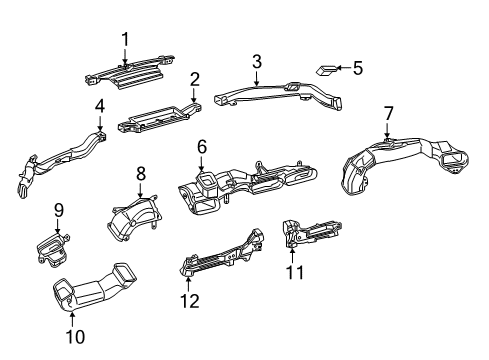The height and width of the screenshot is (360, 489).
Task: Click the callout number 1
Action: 125,39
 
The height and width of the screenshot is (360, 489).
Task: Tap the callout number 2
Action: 195,79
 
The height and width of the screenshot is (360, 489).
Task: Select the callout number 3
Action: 256,62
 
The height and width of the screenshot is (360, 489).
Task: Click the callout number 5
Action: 358,68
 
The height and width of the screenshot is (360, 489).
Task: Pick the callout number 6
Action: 202,147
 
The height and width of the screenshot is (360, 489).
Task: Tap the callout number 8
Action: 140,173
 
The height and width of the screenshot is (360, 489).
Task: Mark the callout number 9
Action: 59,210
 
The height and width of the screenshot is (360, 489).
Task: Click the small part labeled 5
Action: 327,70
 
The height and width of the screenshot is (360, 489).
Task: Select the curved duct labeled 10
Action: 96,294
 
